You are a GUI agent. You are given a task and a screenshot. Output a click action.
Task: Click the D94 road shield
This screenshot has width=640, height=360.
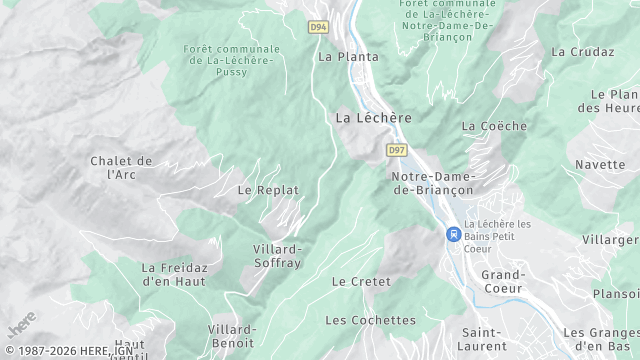coord(319,27)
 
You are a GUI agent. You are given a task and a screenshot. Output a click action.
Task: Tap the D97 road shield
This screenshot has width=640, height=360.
coord(397,150)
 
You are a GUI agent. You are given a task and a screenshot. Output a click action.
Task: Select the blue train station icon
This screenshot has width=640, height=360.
coord(453,234)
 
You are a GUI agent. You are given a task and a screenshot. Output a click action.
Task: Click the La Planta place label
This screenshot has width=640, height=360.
coord(348,57)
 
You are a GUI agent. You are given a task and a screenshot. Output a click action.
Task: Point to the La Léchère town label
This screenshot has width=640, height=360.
coord(373,117)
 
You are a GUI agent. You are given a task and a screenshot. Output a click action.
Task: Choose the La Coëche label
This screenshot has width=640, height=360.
coord(494,126)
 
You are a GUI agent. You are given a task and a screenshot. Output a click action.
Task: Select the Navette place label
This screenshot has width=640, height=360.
coord(600,164)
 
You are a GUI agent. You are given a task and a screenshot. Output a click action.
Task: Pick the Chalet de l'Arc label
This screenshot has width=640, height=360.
coord(121,167)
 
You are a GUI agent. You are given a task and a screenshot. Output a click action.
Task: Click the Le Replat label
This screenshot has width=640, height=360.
coord(268,189)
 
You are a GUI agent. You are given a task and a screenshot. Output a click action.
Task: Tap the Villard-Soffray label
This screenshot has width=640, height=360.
coord(277,255)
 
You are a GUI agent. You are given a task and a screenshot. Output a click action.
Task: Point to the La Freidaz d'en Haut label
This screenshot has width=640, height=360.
coord(175,274)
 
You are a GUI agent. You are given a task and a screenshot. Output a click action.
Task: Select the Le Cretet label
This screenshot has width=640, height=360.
coord(361,282)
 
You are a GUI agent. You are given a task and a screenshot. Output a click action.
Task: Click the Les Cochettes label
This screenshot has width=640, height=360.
coord(370,320)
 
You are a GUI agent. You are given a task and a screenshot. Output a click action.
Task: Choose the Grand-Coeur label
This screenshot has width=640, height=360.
coord(503,281)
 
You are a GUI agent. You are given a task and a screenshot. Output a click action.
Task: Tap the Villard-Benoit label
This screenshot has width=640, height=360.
coord(232,335)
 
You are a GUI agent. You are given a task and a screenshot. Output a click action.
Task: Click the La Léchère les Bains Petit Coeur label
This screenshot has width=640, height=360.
coord(498,236)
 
